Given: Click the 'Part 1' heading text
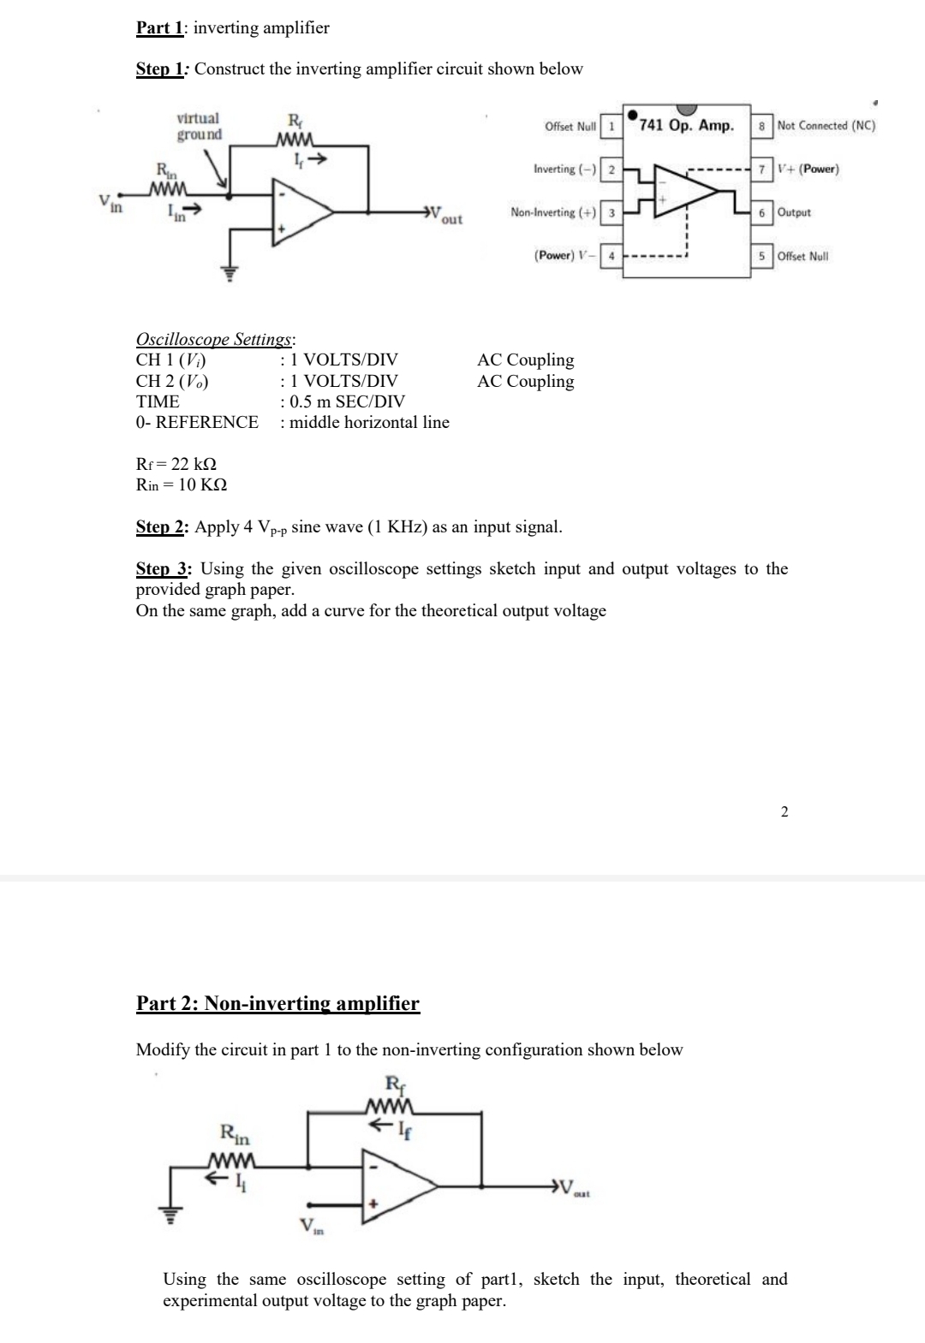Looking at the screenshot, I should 158,27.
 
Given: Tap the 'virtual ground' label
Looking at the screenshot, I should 198,126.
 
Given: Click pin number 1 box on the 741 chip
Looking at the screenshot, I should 611,126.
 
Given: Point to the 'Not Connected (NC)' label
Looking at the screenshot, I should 826,126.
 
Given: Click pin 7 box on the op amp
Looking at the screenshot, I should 760,169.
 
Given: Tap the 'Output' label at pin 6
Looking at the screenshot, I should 794,212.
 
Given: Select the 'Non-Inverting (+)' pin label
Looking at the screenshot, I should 553,212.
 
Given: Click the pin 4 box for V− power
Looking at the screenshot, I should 611,256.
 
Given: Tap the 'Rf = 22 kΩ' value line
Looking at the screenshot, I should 176,464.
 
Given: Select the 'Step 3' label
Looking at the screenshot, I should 162,568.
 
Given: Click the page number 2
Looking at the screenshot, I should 784,811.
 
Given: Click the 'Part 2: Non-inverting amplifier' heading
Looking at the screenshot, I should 277,1003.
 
